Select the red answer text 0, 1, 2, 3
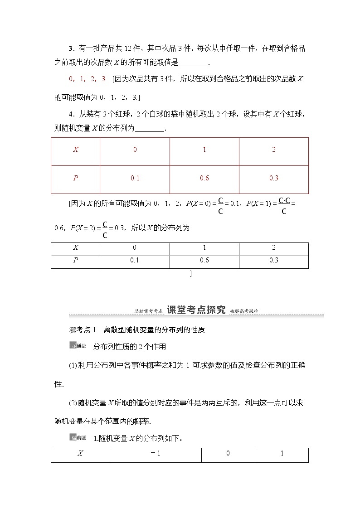(87, 78)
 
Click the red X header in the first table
(75, 150)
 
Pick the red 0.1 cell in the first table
(135, 178)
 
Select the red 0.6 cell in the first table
(204, 178)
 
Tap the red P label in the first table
(75, 178)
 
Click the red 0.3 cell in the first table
(273, 178)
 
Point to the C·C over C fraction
(284, 205)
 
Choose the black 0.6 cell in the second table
(204, 260)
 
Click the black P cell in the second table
(75, 260)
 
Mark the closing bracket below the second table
(190, 273)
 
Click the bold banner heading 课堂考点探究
(196, 310)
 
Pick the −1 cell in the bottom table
(155, 454)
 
